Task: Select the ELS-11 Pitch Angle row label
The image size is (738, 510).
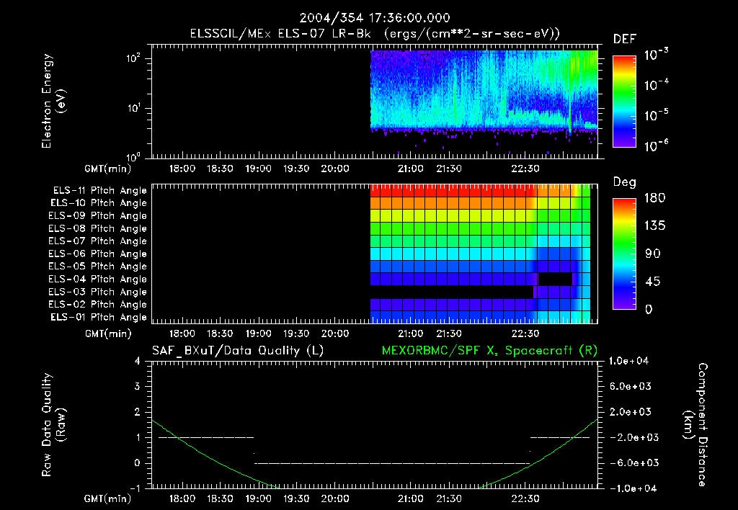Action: pos(99,190)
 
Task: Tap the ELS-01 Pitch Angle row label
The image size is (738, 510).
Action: pos(99,317)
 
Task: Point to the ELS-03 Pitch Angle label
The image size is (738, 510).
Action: pos(99,292)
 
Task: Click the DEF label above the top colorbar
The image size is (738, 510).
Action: pos(624,39)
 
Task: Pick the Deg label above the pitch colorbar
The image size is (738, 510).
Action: pos(623,182)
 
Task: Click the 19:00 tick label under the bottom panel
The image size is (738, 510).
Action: pos(258,498)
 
